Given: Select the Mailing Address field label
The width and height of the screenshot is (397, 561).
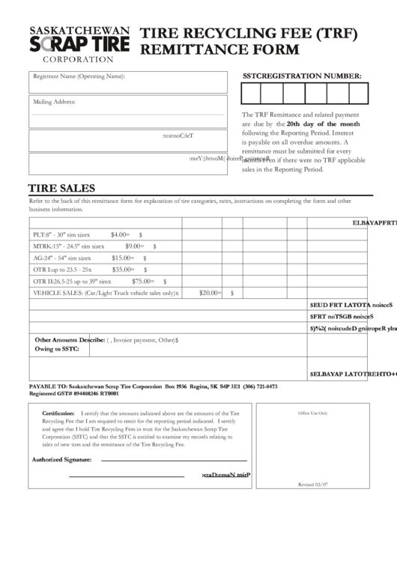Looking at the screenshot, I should coord(55,101).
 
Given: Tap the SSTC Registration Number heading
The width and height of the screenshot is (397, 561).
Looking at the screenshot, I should coord(302,76).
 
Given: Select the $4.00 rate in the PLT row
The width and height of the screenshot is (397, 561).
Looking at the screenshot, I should coord(121,234).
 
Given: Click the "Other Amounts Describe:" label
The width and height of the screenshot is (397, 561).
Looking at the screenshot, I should coord(69,339).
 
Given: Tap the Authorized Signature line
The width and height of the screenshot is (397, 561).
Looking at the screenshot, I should coord(173,458).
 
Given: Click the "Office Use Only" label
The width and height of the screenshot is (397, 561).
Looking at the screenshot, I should coord(313,413).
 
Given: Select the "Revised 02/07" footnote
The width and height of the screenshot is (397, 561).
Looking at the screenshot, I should coord(313,485).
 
